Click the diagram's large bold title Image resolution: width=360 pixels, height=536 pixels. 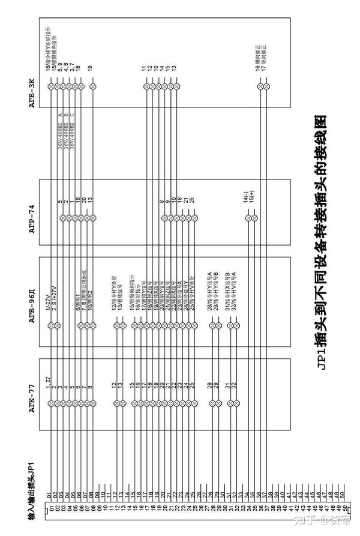click(x=321, y=241)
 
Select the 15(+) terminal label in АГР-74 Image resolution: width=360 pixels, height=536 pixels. click(x=254, y=197)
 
